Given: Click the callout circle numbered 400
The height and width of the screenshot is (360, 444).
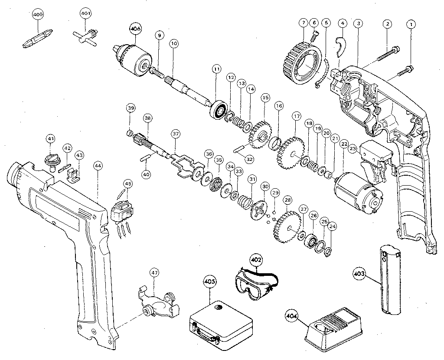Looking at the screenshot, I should (39, 14).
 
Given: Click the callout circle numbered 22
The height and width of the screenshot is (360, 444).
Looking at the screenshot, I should (344, 144).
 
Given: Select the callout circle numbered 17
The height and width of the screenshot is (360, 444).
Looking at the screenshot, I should (296, 116).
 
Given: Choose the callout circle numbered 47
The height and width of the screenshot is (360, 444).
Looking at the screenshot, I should (154, 273).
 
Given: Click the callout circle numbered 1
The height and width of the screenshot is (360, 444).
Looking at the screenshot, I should (409, 25).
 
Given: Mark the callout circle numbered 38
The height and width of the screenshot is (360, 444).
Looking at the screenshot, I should (148, 118).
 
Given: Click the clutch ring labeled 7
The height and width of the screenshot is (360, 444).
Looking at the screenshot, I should (302, 64).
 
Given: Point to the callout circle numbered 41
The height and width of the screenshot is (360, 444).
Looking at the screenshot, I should (51, 139).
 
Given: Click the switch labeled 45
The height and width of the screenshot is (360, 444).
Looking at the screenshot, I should (121, 212).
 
